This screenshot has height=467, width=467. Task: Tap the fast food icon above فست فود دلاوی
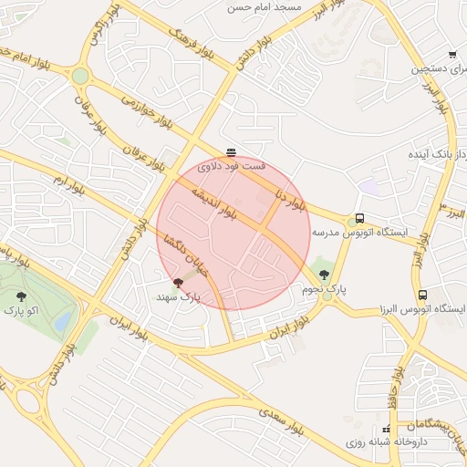[x=231, y=152]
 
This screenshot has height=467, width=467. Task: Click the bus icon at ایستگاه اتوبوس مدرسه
[x=360, y=219]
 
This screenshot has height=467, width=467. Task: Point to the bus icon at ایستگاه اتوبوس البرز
[x=422, y=295]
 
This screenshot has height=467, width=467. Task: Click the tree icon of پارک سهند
[x=177, y=283]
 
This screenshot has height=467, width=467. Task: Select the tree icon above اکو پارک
[x=21, y=296]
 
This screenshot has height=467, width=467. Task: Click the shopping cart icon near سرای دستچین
[x=453, y=55]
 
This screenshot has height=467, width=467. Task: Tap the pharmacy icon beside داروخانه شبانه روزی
[x=387, y=428]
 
